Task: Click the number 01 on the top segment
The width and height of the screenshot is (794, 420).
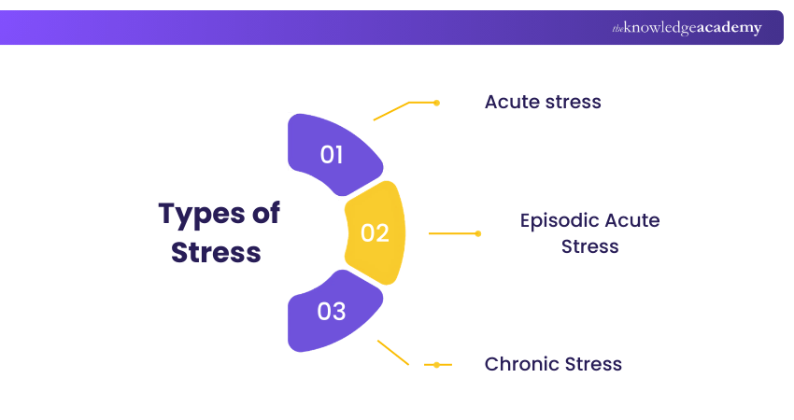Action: tap(333, 154)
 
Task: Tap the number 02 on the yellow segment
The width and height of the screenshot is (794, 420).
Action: tap(375, 232)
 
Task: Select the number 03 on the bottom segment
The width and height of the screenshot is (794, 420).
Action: tap(333, 311)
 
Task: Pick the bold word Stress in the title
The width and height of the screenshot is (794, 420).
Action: tap(216, 252)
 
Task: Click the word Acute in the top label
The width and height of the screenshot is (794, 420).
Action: tap(510, 102)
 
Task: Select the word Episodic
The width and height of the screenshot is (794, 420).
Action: tap(559, 221)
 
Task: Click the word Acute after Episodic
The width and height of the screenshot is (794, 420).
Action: tap(632, 221)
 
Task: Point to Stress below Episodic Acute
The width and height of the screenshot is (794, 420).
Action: tap(590, 246)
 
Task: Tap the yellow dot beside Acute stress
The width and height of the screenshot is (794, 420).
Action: tap(436, 103)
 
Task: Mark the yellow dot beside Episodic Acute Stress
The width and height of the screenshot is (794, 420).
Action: tap(478, 233)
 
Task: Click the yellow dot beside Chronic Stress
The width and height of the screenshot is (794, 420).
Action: tap(436, 364)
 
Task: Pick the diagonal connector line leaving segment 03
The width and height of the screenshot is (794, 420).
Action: tap(393, 353)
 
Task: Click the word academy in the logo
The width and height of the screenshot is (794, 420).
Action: tap(729, 28)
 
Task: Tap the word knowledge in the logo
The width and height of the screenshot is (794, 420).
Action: tap(660, 28)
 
